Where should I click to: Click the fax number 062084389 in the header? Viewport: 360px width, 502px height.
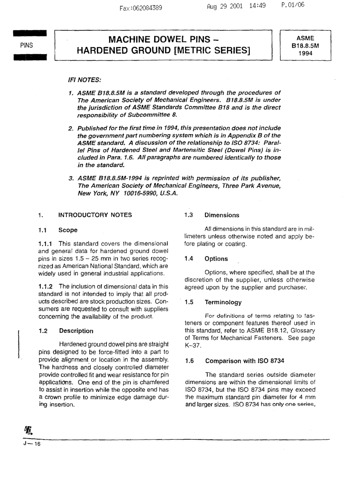(146, 8)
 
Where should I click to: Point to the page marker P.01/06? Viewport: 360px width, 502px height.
(293, 5)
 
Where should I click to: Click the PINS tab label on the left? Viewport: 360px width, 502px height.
(27, 45)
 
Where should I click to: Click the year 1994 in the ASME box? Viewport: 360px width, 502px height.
(305, 53)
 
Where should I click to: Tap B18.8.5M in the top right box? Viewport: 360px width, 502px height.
(305, 46)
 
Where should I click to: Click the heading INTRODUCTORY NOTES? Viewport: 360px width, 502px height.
(95, 215)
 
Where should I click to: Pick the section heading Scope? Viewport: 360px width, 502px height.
(68, 230)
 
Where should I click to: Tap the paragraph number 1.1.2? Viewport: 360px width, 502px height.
(45, 287)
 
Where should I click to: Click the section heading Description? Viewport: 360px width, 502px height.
(76, 331)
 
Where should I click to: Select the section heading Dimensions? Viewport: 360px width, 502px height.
(222, 215)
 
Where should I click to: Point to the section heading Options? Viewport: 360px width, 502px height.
(216, 259)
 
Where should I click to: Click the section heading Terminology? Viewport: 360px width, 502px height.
(223, 302)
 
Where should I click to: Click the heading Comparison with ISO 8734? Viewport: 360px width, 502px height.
(244, 361)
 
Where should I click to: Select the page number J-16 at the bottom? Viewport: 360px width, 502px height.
(32, 444)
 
